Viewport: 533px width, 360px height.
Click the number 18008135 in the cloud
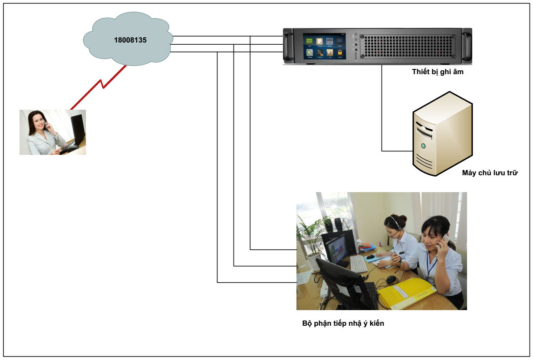[x=130, y=40]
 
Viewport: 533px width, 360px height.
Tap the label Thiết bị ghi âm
[x=438, y=72]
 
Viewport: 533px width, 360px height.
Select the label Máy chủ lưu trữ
[x=490, y=173]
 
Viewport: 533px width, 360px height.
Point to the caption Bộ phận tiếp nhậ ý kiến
[x=343, y=323]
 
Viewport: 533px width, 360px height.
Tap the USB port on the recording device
[x=356, y=56]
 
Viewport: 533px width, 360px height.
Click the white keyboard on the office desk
[x=358, y=263]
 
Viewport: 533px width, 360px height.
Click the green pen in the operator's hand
[x=378, y=251]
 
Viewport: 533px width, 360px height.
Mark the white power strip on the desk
[x=323, y=288]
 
